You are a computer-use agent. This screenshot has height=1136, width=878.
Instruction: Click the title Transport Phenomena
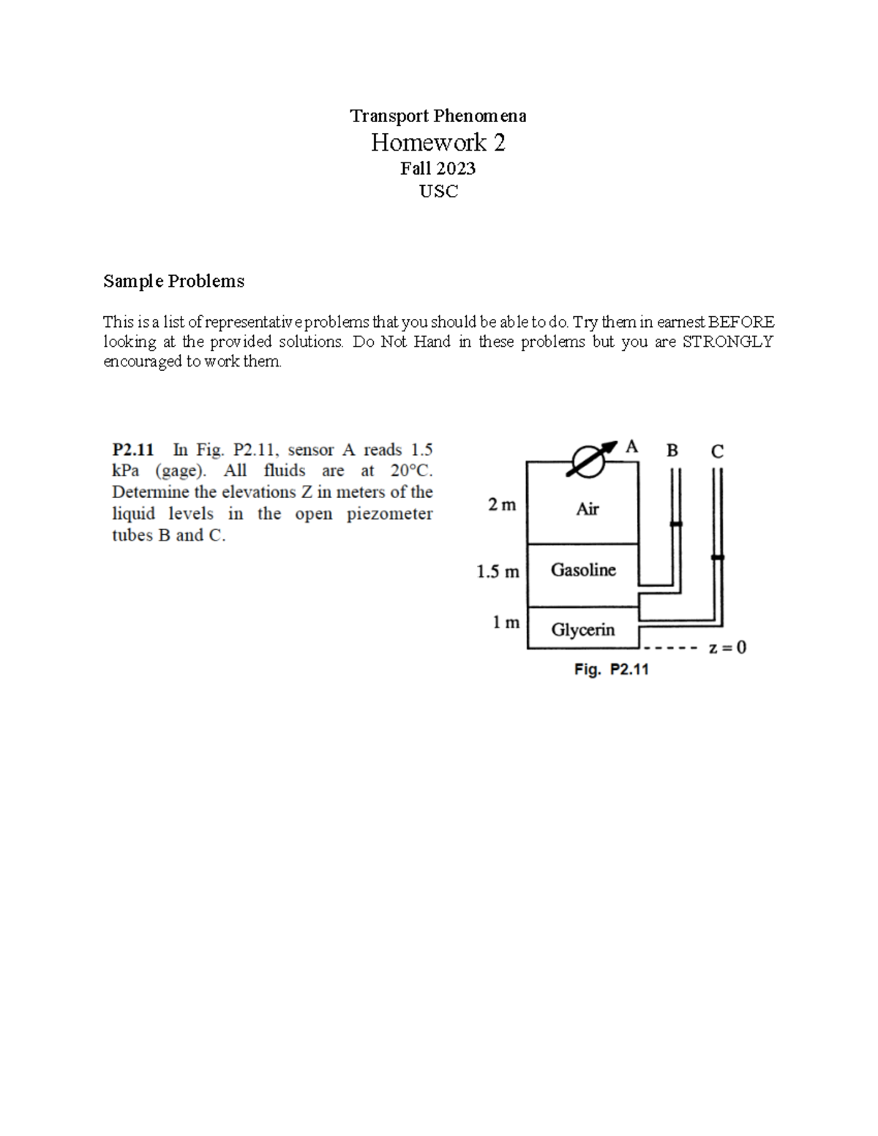(438, 116)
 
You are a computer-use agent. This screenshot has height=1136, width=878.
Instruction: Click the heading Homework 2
(438, 142)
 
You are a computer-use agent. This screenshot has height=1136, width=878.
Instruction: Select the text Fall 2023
(438, 168)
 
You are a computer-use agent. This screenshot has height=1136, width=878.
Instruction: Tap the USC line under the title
(438, 192)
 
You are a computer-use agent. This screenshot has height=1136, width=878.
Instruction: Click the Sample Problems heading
(173, 281)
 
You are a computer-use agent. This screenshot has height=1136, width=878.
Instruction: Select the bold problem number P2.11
(132, 449)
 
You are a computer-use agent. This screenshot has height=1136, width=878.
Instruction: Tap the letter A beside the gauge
(631, 446)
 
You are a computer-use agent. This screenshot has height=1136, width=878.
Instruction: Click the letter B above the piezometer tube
(672, 451)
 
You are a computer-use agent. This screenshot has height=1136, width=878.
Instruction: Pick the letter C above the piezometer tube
(717, 451)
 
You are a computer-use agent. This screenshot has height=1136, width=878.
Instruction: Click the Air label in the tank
(587, 508)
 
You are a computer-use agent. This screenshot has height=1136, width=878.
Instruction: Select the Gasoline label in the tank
(583, 570)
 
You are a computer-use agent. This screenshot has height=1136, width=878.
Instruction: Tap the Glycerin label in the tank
(583, 630)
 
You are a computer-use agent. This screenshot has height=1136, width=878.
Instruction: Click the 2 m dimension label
(502, 505)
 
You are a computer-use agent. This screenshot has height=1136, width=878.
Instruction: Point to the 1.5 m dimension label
(498, 571)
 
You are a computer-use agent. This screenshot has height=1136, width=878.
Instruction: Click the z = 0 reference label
(727, 647)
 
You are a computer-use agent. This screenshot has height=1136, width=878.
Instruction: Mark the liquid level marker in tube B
(676, 524)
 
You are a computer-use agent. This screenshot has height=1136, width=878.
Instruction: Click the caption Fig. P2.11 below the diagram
(612, 669)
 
